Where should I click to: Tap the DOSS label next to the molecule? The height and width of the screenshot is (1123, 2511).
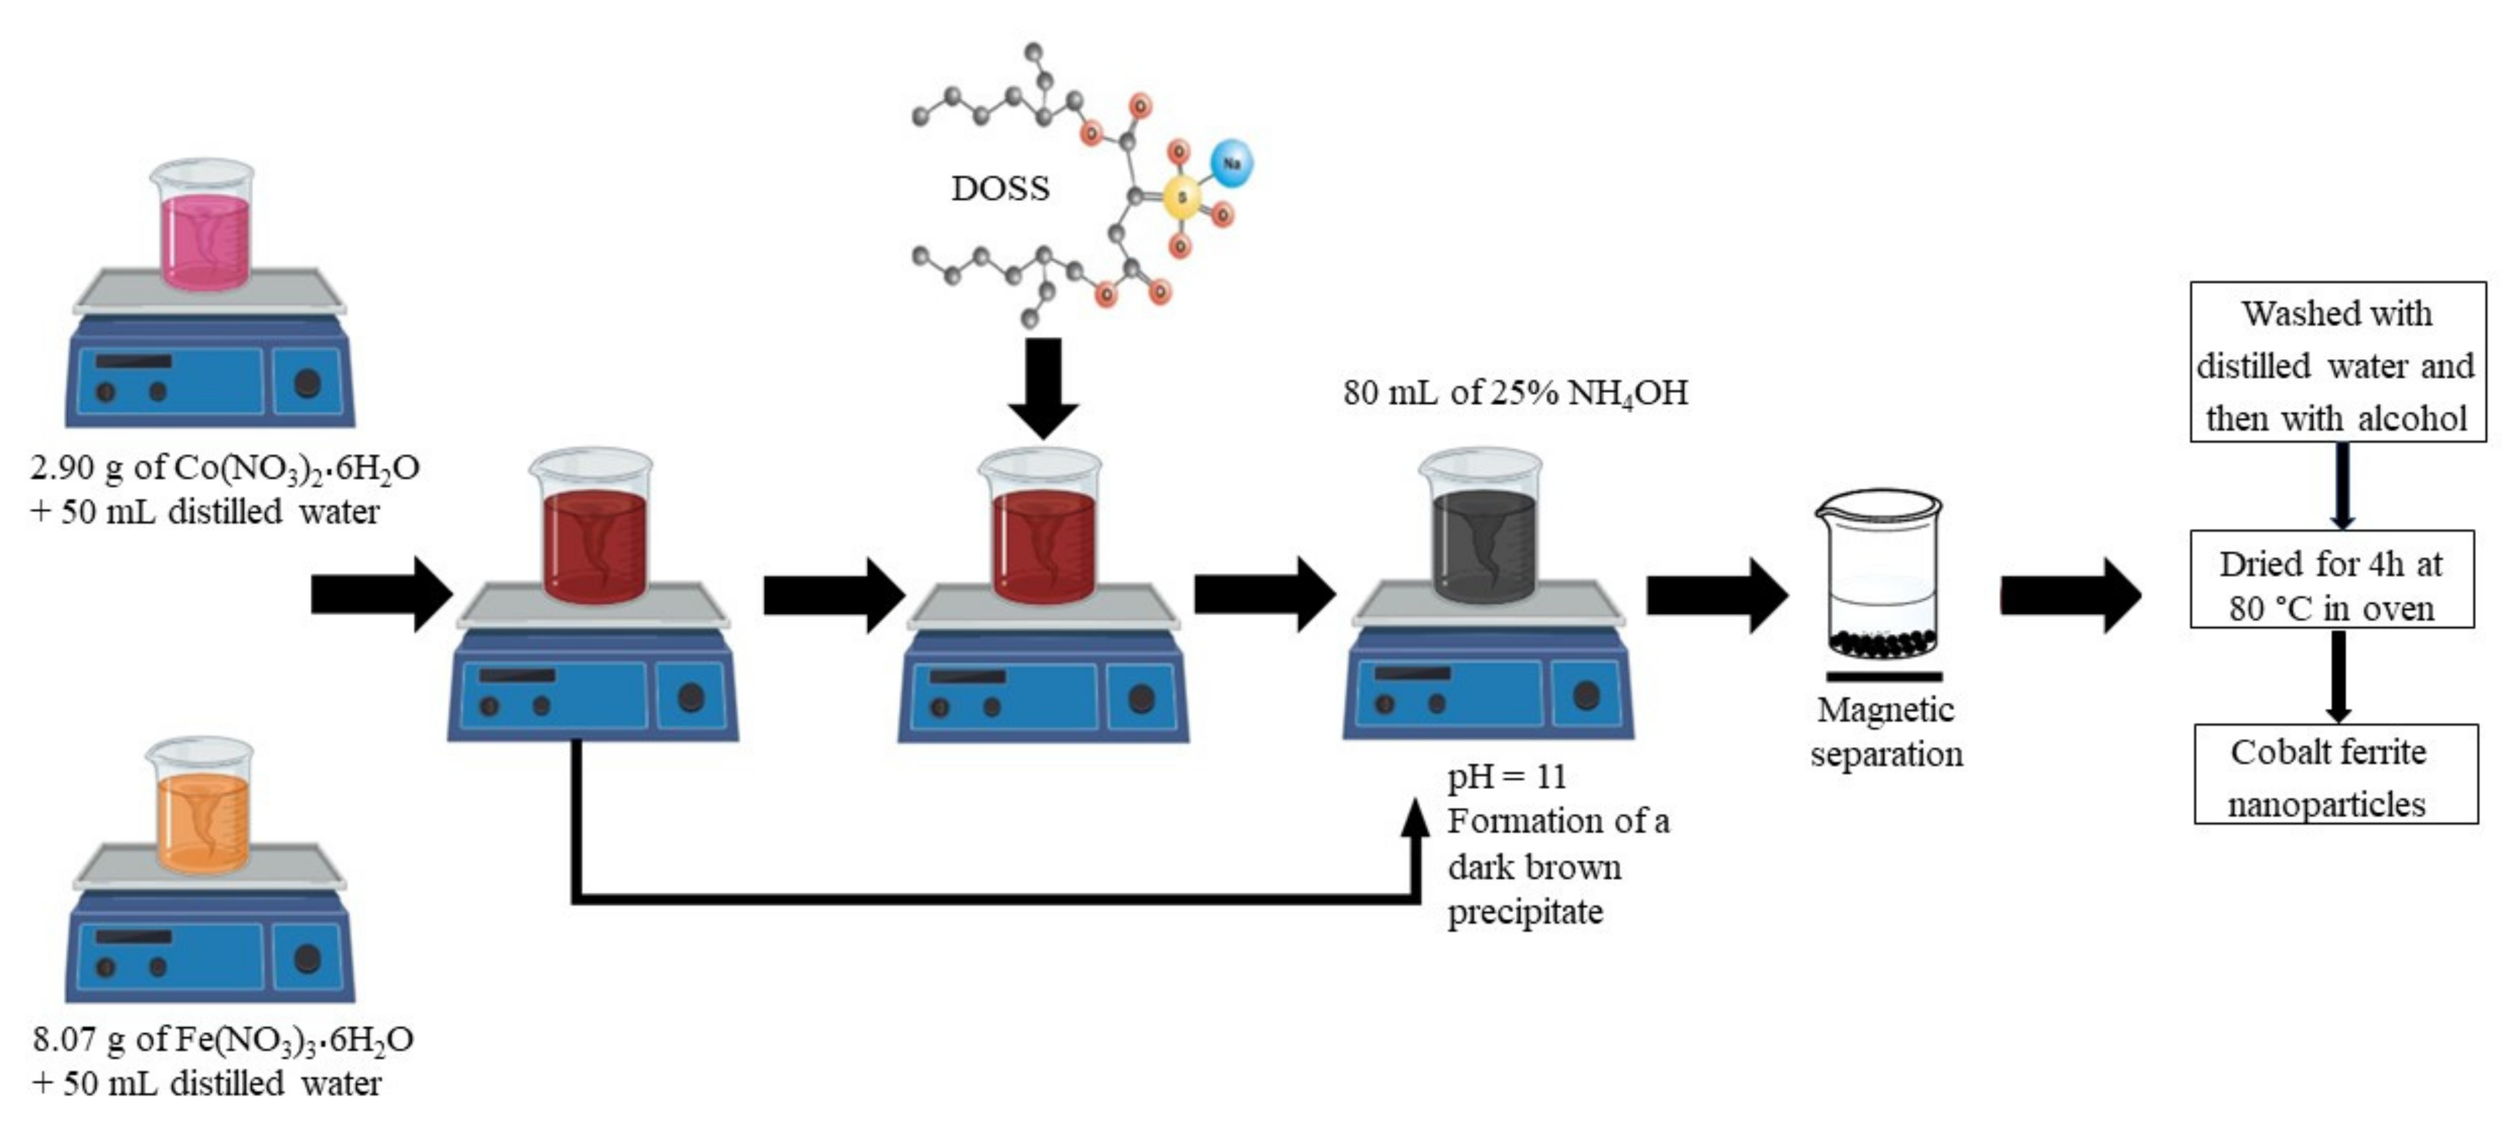[1000, 188]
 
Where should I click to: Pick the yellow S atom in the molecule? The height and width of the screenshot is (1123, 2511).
[1182, 198]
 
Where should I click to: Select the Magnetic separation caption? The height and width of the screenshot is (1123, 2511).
[1886, 731]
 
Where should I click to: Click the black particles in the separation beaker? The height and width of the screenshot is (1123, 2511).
[1880, 642]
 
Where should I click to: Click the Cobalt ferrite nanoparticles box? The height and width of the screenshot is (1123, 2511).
[2335, 777]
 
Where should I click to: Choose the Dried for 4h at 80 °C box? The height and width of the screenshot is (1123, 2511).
[2332, 584]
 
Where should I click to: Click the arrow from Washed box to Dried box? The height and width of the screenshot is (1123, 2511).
[2341, 486]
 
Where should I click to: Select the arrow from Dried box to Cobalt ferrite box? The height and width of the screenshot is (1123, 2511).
[2338, 675]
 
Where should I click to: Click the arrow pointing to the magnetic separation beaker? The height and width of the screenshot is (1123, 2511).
[1715, 595]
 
